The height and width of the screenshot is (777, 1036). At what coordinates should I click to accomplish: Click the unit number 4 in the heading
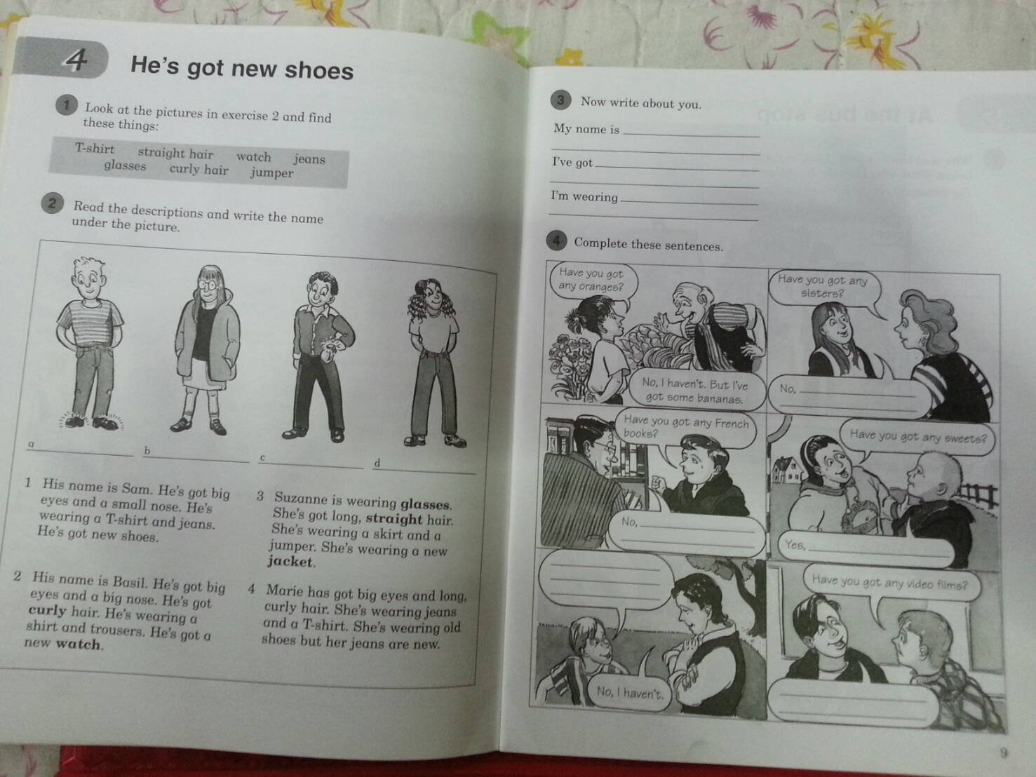pos(75,60)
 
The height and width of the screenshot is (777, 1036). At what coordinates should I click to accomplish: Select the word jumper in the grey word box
pos(271,173)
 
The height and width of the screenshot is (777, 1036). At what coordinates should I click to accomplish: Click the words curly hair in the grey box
pos(199,169)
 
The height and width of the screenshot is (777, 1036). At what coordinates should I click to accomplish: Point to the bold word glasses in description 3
pos(426,504)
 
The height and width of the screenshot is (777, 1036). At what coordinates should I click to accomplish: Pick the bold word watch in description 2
pos(79,644)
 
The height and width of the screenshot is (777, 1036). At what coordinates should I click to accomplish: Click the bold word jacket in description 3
pos(291,562)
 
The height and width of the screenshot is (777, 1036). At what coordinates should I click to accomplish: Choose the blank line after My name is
pos(690,133)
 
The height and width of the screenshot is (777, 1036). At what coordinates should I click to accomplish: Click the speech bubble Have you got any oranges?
pos(591,279)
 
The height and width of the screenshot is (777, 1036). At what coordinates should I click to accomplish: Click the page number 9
pos(1003,753)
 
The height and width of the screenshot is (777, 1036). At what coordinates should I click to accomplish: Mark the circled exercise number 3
pos(560,100)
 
